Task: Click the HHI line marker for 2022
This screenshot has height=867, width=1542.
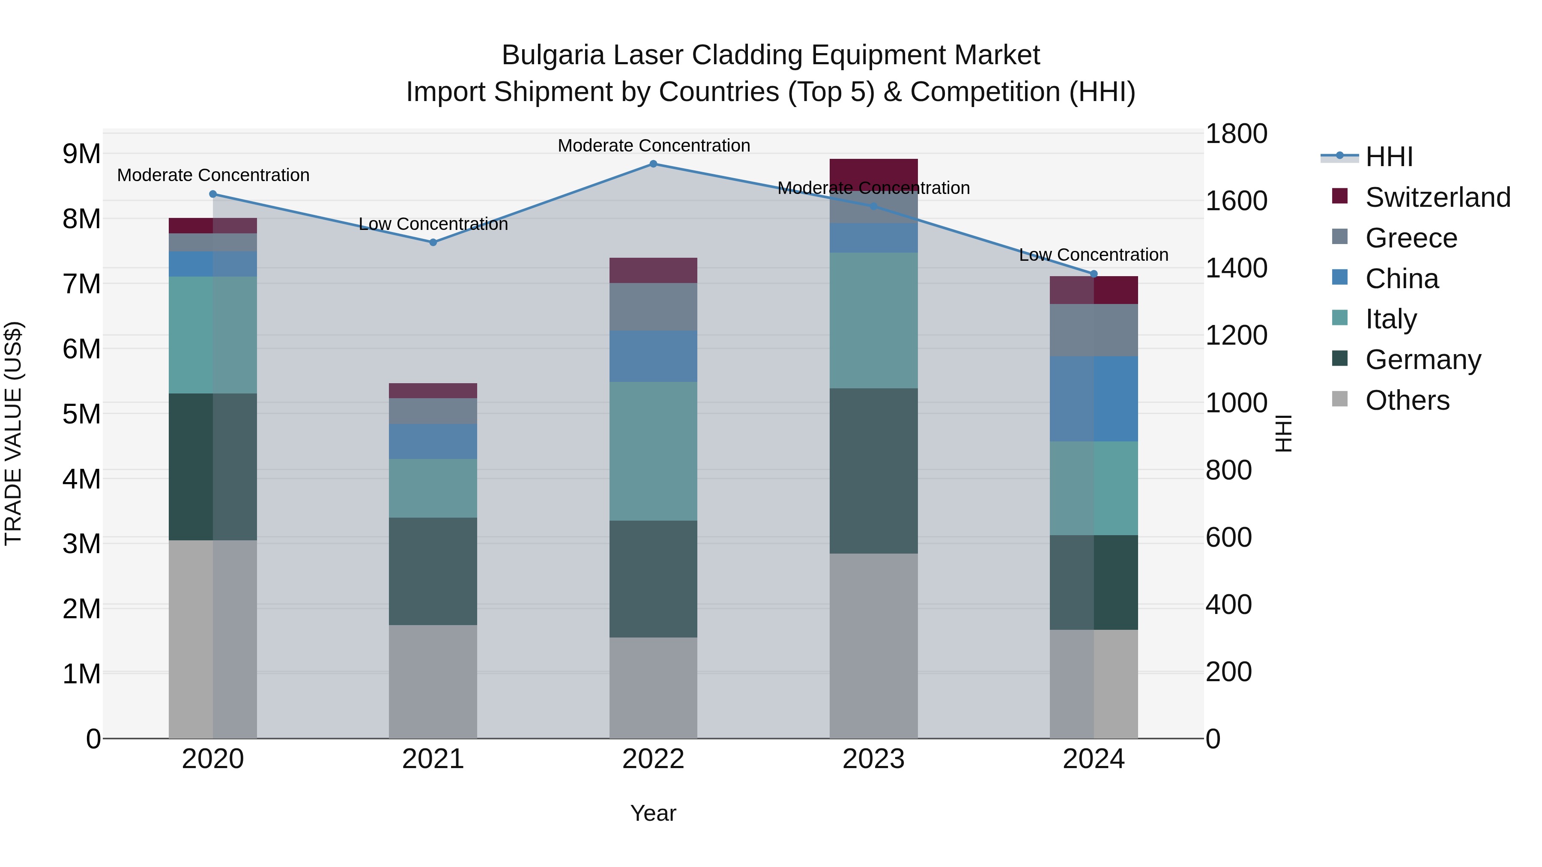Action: pos(653,164)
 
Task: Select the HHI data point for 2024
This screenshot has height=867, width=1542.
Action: pos(1094,274)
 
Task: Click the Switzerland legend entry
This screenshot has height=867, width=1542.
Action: pos(1437,197)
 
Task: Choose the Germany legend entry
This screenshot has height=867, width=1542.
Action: pos(1422,360)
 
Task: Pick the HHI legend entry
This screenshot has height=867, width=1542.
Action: pos(1389,157)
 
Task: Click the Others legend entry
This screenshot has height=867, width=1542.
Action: pos(1407,400)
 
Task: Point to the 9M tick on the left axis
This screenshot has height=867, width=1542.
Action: pos(81,154)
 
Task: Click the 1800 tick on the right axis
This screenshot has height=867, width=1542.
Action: pos(1235,134)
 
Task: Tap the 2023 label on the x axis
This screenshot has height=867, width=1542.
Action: pos(873,759)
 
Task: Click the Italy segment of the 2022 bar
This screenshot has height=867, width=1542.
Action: pos(653,451)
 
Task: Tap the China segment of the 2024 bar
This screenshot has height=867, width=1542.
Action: pos(1094,399)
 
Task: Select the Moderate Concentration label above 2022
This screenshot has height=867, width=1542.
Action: pos(653,146)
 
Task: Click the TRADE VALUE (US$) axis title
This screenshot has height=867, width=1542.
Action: pos(13,433)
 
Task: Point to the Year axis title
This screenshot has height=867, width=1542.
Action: pos(653,813)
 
